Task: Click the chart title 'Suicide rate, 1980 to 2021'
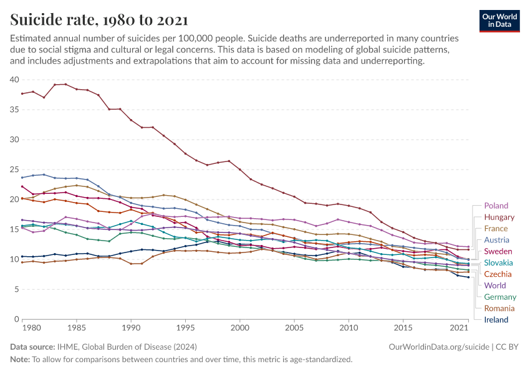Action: (99, 20)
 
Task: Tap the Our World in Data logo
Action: (499, 20)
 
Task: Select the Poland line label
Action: (496, 206)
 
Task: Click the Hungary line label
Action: (499, 218)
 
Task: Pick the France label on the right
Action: (496, 229)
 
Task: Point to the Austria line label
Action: (496, 240)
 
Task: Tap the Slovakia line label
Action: (499, 263)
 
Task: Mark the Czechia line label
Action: (498, 274)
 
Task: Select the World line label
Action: (496, 285)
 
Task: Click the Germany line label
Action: (500, 297)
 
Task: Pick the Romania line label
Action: (499, 309)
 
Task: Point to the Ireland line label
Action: (496, 320)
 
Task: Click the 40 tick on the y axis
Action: (14, 80)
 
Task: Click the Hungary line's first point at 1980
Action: (22, 93)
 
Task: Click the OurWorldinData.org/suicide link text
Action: (431, 347)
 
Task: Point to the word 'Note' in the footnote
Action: (20, 360)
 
